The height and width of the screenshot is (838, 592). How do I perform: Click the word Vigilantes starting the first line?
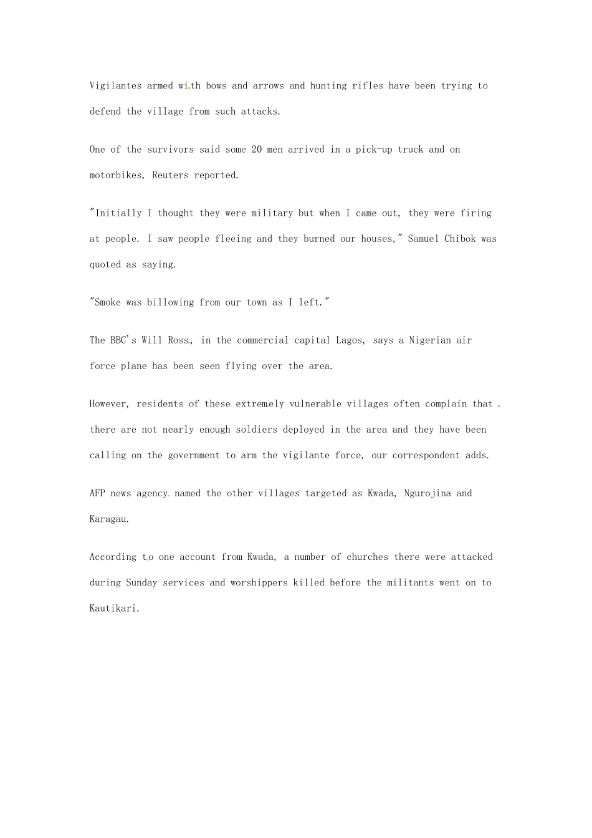[x=115, y=86]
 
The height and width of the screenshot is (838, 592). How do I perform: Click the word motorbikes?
[x=118, y=175]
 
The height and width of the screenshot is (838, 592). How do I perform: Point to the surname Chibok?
[x=460, y=239]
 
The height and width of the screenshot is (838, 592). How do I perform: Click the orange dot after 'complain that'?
[x=499, y=406]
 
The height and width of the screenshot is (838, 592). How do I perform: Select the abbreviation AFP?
[x=97, y=493]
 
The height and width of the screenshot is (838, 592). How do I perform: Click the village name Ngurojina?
[x=427, y=493]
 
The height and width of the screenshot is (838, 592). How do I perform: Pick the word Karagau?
[x=108, y=519]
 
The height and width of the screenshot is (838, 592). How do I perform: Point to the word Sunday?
[x=141, y=582]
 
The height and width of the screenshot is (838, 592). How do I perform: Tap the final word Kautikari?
[x=114, y=608]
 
